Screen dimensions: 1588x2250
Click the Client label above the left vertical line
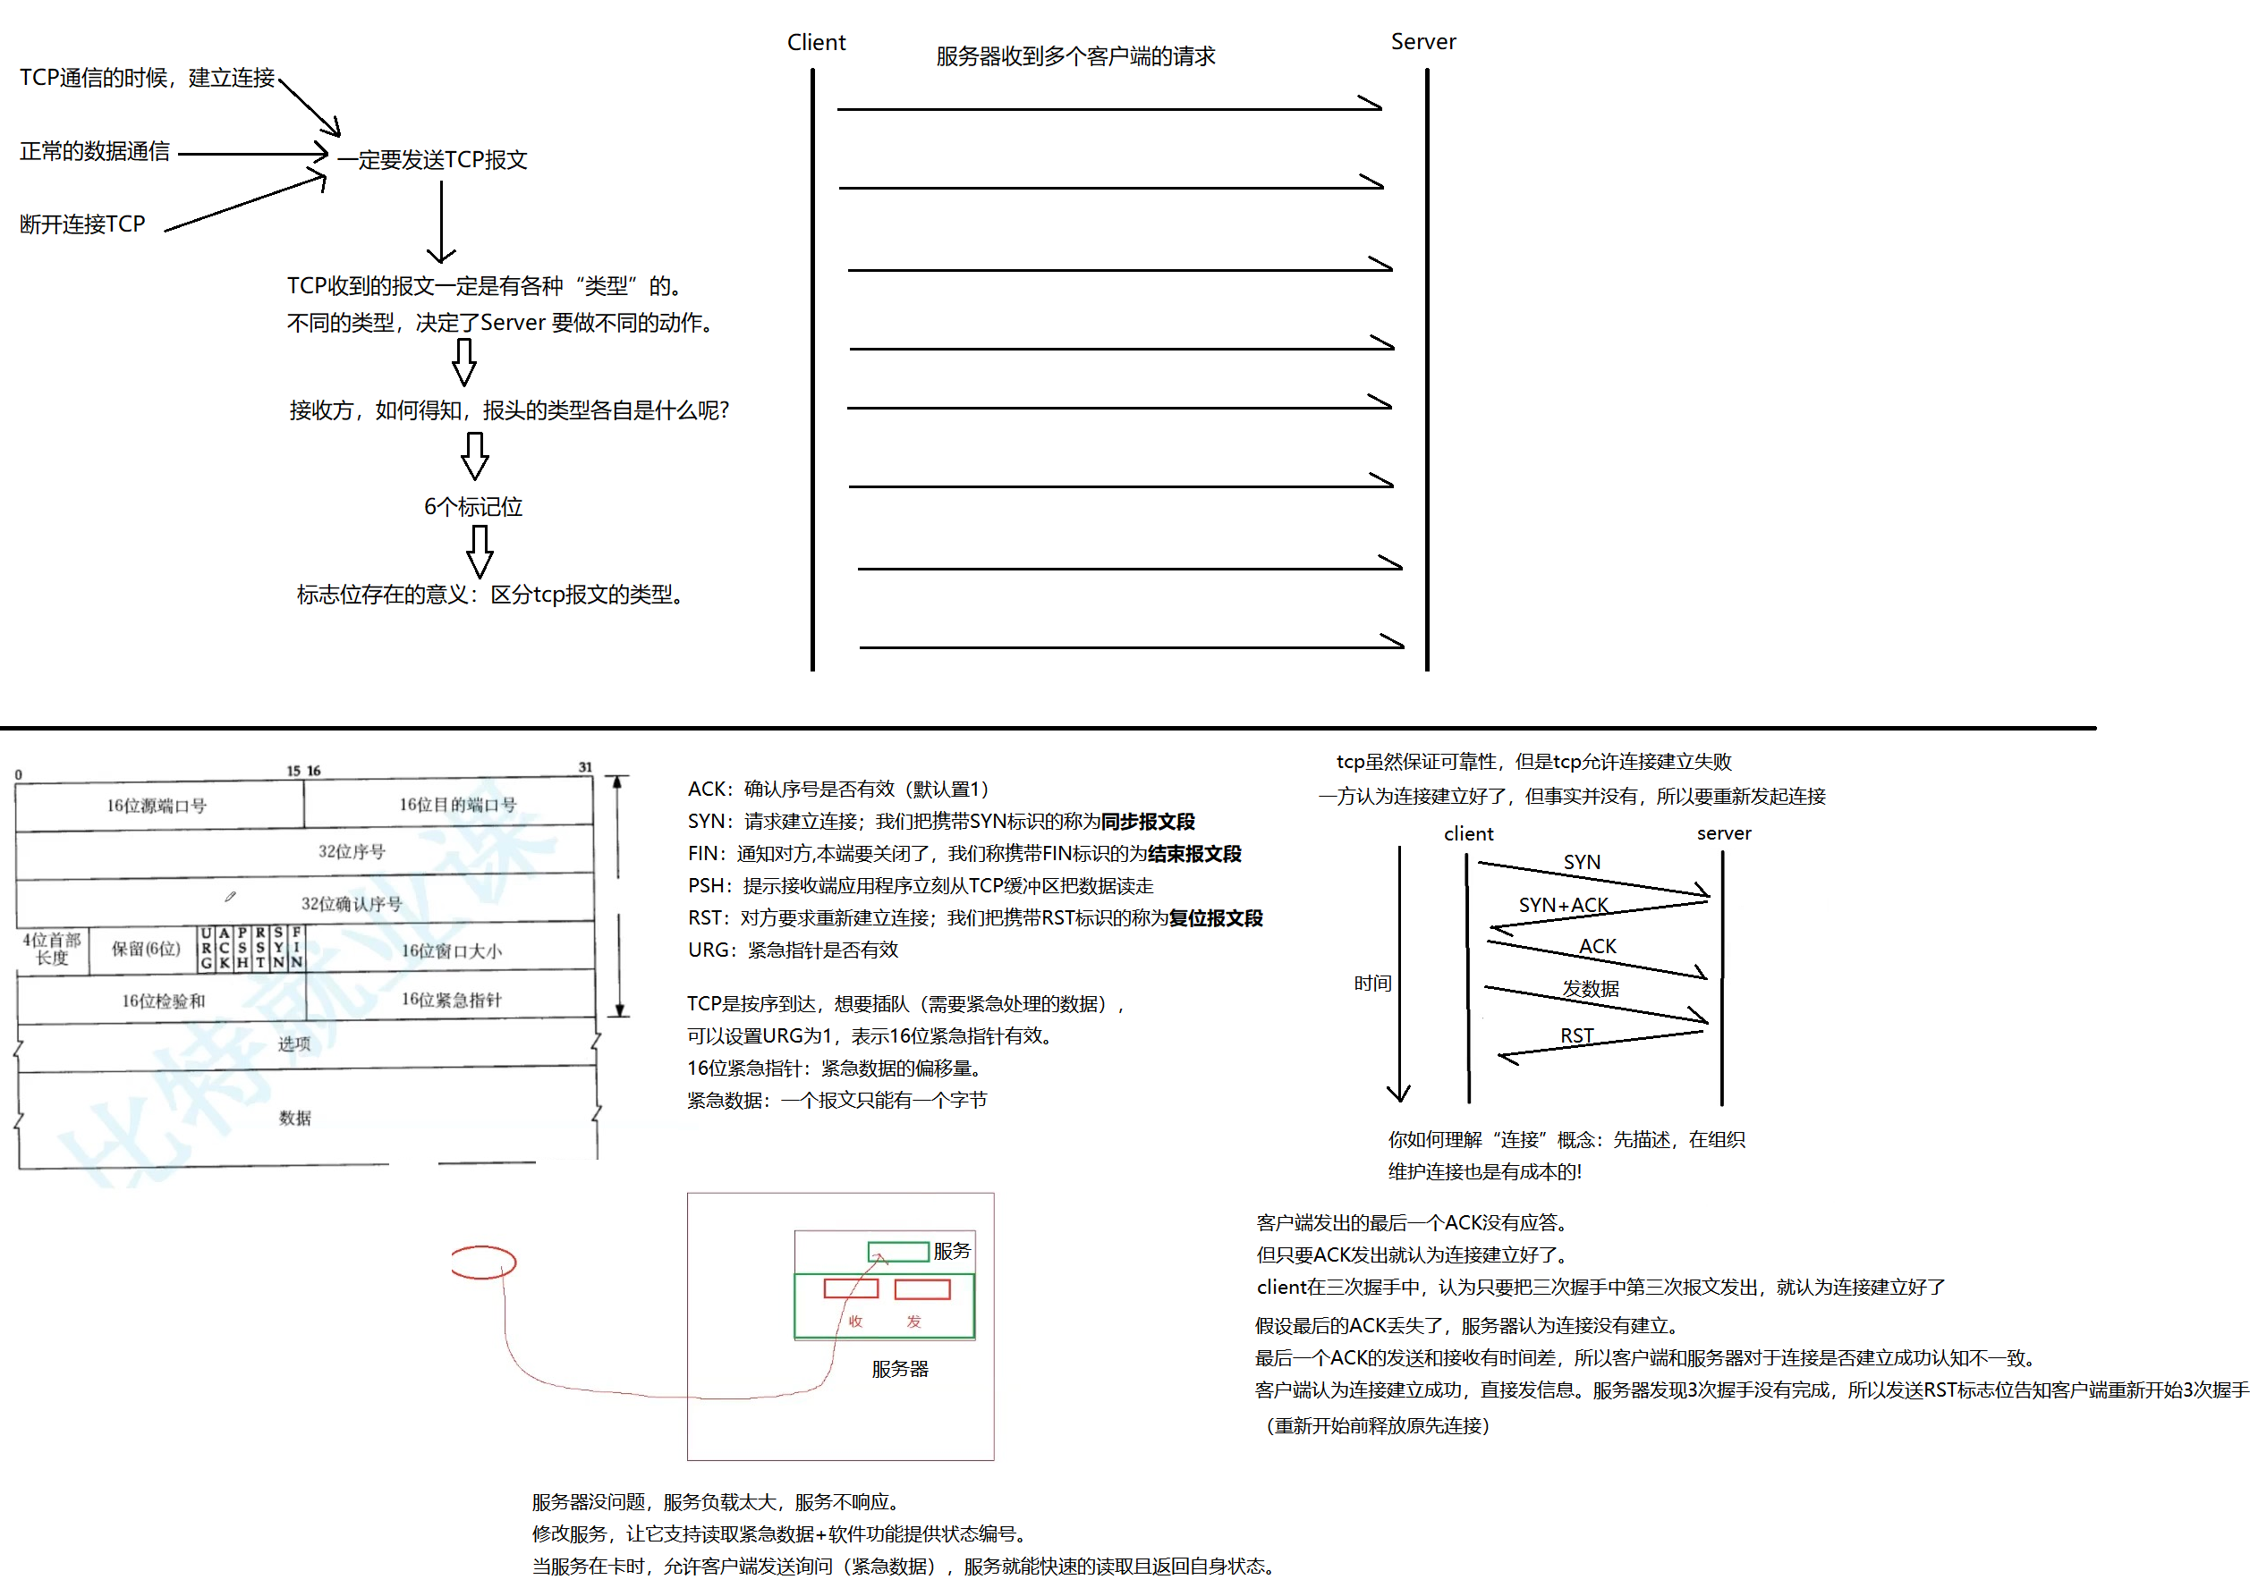pyautogui.click(x=815, y=42)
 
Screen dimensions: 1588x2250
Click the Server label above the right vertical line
pyautogui.click(x=1422, y=41)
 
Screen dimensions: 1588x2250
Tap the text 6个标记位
pyautogui.click(x=472, y=506)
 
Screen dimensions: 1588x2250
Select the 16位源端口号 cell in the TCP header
pyautogui.click(x=157, y=806)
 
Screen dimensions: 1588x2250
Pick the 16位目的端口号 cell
pyautogui.click(x=456, y=805)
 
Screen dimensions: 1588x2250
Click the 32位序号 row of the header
pyautogui.click(x=351, y=851)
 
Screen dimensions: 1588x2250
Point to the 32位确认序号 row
pyautogui.click(x=351, y=903)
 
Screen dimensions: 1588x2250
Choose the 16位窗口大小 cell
pyautogui.click(x=451, y=950)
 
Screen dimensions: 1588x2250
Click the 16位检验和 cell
pyautogui.click(x=163, y=1001)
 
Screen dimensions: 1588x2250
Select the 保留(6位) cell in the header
pyautogui.click(x=145, y=949)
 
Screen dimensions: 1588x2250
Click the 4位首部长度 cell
pyautogui.click(x=52, y=949)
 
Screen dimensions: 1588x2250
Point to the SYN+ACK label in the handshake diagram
pyautogui.click(x=1563, y=905)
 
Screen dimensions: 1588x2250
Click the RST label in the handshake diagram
pyautogui.click(x=1576, y=1035)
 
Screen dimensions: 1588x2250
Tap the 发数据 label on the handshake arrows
pyautogui.click(x=1590, y=988)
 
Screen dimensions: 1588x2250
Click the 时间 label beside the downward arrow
pyautogui.click(x=1372, y=983)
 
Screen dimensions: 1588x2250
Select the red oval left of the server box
pyautogui.click(x=483, y=1262)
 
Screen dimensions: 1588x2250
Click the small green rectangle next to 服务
pyautogui.click(x=897, y=1251)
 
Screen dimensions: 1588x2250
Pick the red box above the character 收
pyautogui.click(x=851, y=1288)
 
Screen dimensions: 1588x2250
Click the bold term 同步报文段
pyautogui.click(x=1148, y=821)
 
